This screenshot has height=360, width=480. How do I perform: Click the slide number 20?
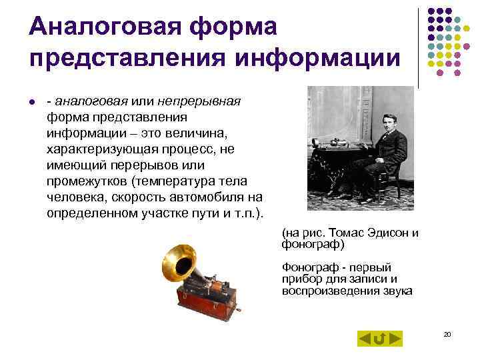447,333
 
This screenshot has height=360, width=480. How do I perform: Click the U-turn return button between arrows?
379,339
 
